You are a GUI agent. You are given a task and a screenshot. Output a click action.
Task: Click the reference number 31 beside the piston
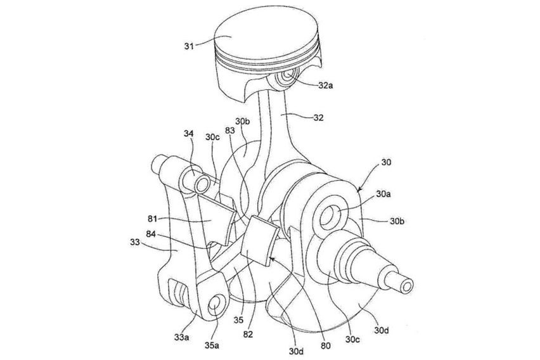pos(189,46)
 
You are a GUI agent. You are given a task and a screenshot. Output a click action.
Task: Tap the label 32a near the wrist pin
pos(325,86)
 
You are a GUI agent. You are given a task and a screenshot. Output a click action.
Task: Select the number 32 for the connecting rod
pos(319,118)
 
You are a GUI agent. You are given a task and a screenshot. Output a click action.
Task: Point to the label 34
pos(189,133)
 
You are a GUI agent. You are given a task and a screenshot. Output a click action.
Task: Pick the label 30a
pos(383,195)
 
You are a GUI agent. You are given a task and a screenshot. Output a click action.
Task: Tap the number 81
pos(153,219)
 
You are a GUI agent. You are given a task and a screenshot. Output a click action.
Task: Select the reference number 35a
pos(212,345)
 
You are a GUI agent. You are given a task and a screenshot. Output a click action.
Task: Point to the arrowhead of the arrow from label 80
pos(271,259)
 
